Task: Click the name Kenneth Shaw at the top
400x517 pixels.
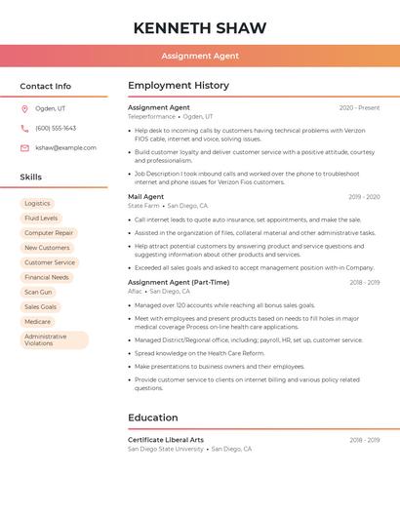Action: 199,27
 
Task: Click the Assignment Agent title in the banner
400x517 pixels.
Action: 199,56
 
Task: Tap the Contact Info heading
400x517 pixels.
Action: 45,86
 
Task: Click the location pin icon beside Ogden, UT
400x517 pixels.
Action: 24,108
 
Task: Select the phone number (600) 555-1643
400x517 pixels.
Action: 56,128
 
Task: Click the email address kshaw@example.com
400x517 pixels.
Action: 65,147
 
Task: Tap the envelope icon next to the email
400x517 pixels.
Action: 24,147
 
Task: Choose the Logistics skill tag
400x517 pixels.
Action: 37,204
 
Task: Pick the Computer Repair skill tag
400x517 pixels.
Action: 49,233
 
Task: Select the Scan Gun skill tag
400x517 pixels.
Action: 38,292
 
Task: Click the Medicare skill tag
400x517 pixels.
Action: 37,321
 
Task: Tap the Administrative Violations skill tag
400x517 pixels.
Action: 54,339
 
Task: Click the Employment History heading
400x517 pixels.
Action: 179,86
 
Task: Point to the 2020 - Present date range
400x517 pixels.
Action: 359,107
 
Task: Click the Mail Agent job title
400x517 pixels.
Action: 146,196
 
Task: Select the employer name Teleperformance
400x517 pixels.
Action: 151,116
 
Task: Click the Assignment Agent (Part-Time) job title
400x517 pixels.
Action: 179,282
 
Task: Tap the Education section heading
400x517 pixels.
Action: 152,418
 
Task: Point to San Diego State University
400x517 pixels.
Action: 166,449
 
